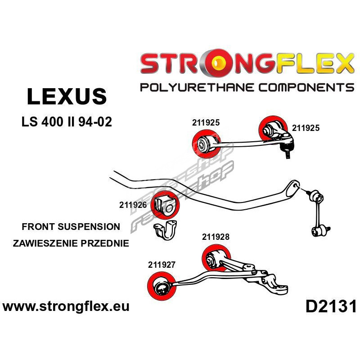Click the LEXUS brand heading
pos(67,96)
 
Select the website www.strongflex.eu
pos(66,307)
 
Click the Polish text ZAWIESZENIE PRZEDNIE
pos(71,243)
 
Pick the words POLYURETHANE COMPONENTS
pos(247,87)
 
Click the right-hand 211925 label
pos(306,128)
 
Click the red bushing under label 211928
pos(215,259)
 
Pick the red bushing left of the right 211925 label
pos(271,129)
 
